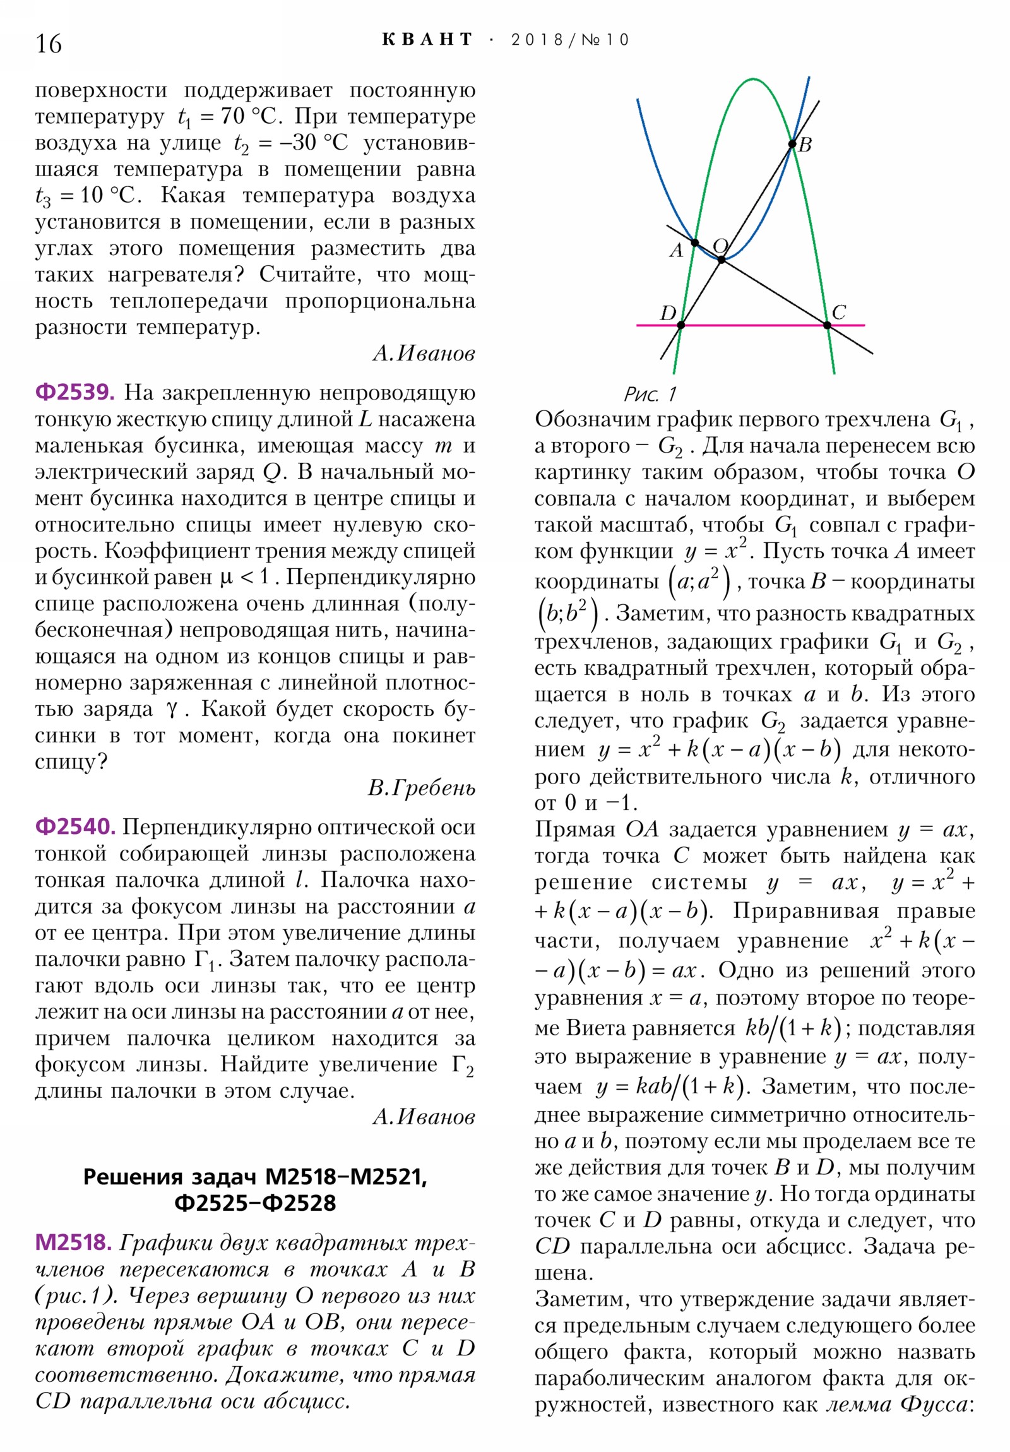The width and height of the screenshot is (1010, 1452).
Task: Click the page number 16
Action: [x=49, y=44]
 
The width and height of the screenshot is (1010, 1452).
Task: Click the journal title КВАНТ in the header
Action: [x=427, y=40]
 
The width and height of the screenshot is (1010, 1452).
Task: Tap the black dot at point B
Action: [x=792, y=144]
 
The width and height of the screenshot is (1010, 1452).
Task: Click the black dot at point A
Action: [x=694, y=243]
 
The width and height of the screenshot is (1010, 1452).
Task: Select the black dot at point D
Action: [x=681, y=325]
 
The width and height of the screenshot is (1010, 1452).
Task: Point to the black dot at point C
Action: [x=827, y=325]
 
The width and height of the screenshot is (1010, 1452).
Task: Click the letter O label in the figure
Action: [x=720, y=246]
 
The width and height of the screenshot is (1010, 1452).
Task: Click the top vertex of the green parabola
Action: [x=752, y=80]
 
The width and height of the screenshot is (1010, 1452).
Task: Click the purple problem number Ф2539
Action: [x=74, y=393]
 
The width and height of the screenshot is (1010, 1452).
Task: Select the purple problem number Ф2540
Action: [x=74, y=826]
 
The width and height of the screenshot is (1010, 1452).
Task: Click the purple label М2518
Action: [x=73, y=1242]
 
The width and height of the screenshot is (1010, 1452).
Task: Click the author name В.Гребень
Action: [x=421, y=788]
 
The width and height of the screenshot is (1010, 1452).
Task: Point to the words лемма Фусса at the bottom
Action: [x=898, y=1405]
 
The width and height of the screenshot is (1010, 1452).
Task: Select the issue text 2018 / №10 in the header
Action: [x=570, y=40]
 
